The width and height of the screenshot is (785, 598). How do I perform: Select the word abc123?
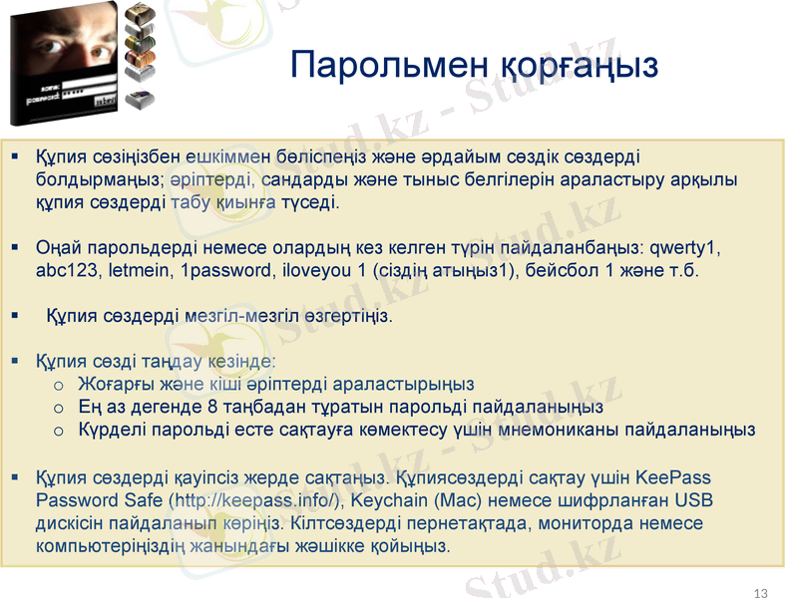[x=63, y=270]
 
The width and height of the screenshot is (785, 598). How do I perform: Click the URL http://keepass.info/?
[x=257, y=500]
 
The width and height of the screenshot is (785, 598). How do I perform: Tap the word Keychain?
[x=388, y=500]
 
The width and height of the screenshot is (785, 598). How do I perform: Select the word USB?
[x=693, y=500]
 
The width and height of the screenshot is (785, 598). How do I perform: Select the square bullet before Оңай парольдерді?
[x=15, y=246]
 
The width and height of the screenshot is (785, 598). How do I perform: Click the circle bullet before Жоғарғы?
[x=59, y=384]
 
